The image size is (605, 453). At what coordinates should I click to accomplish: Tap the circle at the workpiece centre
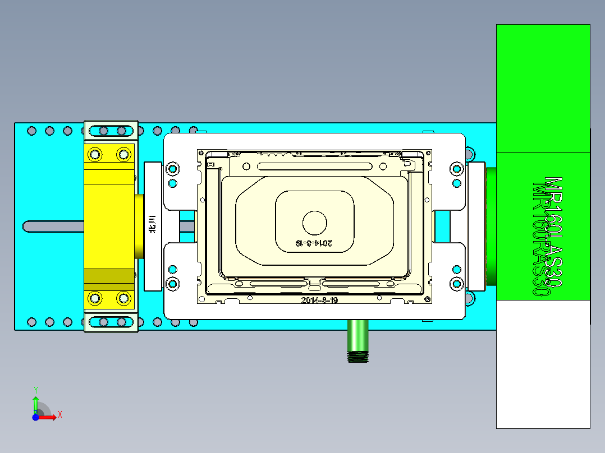(315, 223)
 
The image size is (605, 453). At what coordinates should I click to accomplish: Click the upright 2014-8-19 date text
(319, 300)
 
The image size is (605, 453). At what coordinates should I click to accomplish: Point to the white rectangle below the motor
(543, 364)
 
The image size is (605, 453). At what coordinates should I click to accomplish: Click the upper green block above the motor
(543, 87)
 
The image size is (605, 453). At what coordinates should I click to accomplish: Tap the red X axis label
(59, 414)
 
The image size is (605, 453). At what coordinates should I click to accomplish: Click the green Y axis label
(35, 389)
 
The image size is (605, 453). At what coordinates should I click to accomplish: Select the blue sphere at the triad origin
(35, 417)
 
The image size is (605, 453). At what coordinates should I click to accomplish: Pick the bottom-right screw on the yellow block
(122, 298)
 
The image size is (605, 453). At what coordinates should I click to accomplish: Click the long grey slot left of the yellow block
(53, 226)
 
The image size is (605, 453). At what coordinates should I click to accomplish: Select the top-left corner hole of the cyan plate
(31, 131)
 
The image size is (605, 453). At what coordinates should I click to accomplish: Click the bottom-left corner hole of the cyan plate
(31, 322)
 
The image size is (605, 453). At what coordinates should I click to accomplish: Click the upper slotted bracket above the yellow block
(111, 131)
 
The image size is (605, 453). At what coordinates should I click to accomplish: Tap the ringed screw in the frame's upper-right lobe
(456, 168)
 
